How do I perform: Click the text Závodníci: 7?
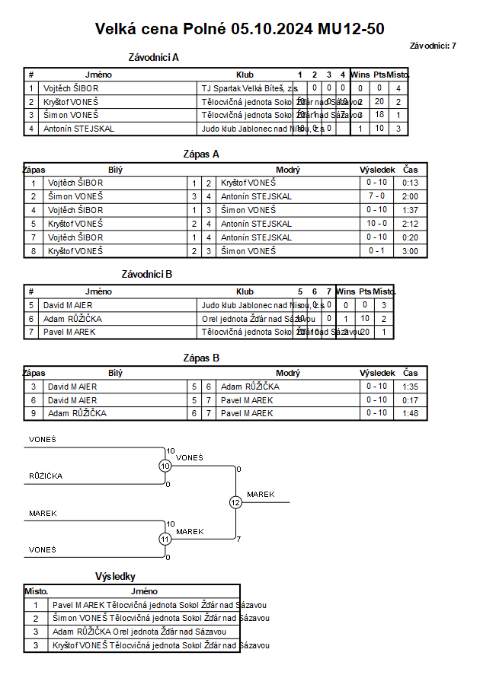pos(433,46)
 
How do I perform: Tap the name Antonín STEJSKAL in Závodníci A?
pos(78,129)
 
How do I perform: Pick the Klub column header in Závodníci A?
pos(245,75)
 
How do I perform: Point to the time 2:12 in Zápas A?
pos(411,224)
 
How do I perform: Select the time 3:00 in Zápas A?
pos(411,251)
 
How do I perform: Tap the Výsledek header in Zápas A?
pos(377,170)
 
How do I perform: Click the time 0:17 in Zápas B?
pos(411,400)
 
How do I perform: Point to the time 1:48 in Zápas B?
pos(411,414)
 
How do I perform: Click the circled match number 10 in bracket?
pos(165,466)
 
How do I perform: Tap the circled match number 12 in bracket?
pos(235,502)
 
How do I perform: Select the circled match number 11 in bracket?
pos(165,539)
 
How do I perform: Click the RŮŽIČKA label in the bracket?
pos(46,476)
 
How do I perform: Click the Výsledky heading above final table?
pos(115,577)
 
